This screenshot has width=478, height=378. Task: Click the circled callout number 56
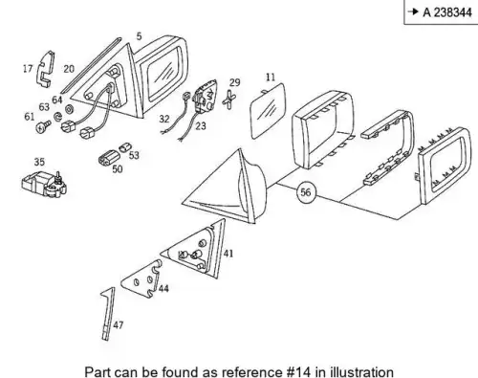[x=305, y=192]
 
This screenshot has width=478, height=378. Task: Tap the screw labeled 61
[x=43, y=126]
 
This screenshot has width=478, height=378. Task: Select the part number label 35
[x=39, y=162]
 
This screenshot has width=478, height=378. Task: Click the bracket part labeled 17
[x=46, y=68]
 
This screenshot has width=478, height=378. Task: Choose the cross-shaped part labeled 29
[x=229, y=100]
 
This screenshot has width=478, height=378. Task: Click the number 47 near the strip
[x=118, y=325]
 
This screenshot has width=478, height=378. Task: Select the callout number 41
[x=228, y=254]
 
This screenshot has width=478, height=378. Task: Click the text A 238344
[x=447, y=12]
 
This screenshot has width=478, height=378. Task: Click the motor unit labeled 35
[x=44, y=185]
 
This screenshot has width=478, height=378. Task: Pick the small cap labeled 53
[x=124, y=147]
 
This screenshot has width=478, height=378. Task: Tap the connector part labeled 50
[x=108, y=157]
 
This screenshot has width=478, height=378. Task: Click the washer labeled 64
[x=69, y=109]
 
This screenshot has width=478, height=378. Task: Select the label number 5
[x=139, y=36]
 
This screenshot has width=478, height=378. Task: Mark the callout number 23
[x=201, y=126]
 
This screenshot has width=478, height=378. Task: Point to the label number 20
[x=69, y=69]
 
